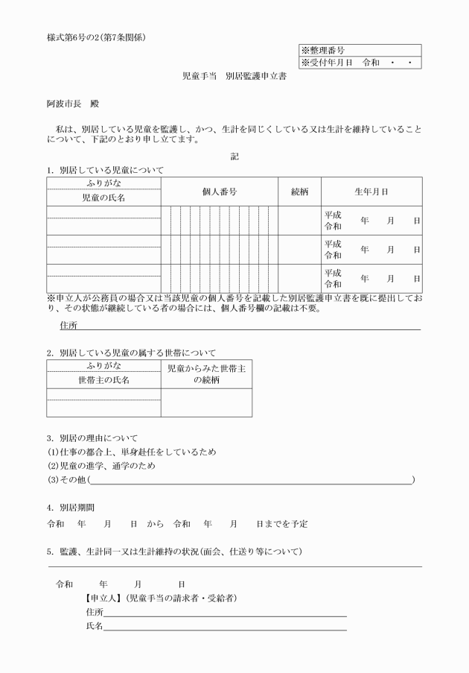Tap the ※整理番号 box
pos(360,50)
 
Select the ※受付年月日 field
pos(360,63)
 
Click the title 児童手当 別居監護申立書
pos(234,77)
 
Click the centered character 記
pos(234,156)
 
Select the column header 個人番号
pos(220,192)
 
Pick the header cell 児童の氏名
pos(103,199)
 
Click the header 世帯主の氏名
pos(103,380)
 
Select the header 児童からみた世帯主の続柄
pos(206,374)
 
